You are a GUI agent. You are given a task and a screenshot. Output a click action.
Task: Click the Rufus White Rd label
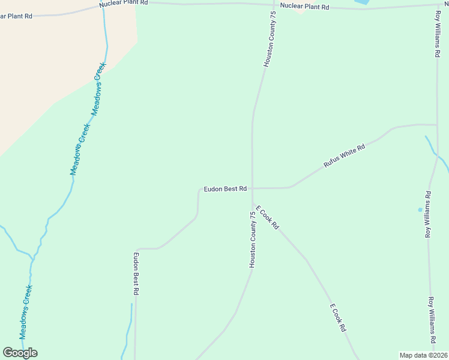pos(345,155)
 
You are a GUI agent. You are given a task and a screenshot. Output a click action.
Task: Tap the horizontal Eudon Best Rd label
pos(225,189)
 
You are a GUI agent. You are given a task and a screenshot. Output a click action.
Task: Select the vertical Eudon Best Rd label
pos(136,274)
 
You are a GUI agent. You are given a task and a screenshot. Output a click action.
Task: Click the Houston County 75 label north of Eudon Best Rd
pos(269,39)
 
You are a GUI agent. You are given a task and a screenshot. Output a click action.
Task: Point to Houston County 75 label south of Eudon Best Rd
pos(253,239)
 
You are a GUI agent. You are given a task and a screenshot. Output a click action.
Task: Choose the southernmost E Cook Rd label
pos(339,318)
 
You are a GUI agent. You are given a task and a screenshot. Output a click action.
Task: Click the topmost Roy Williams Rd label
pos(437,33)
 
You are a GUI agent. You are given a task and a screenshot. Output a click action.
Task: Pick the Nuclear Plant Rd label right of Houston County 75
pos(306,7)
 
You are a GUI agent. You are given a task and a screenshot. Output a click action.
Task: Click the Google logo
pos(20,352)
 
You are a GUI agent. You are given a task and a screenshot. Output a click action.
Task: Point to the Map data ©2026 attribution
pos(424,355)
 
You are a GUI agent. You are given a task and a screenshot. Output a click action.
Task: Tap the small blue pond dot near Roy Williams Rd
pos(420,210)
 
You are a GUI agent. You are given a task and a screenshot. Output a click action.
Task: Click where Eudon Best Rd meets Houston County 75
pos(252,188)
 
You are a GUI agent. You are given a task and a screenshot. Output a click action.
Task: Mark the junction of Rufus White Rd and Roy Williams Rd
pos(436,125)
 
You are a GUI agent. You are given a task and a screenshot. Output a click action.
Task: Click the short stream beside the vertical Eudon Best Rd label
pos(128,330)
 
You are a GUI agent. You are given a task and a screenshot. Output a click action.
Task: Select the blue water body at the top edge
pos(362,2)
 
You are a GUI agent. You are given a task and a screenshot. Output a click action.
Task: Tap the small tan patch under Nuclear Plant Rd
pos(300,11)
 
